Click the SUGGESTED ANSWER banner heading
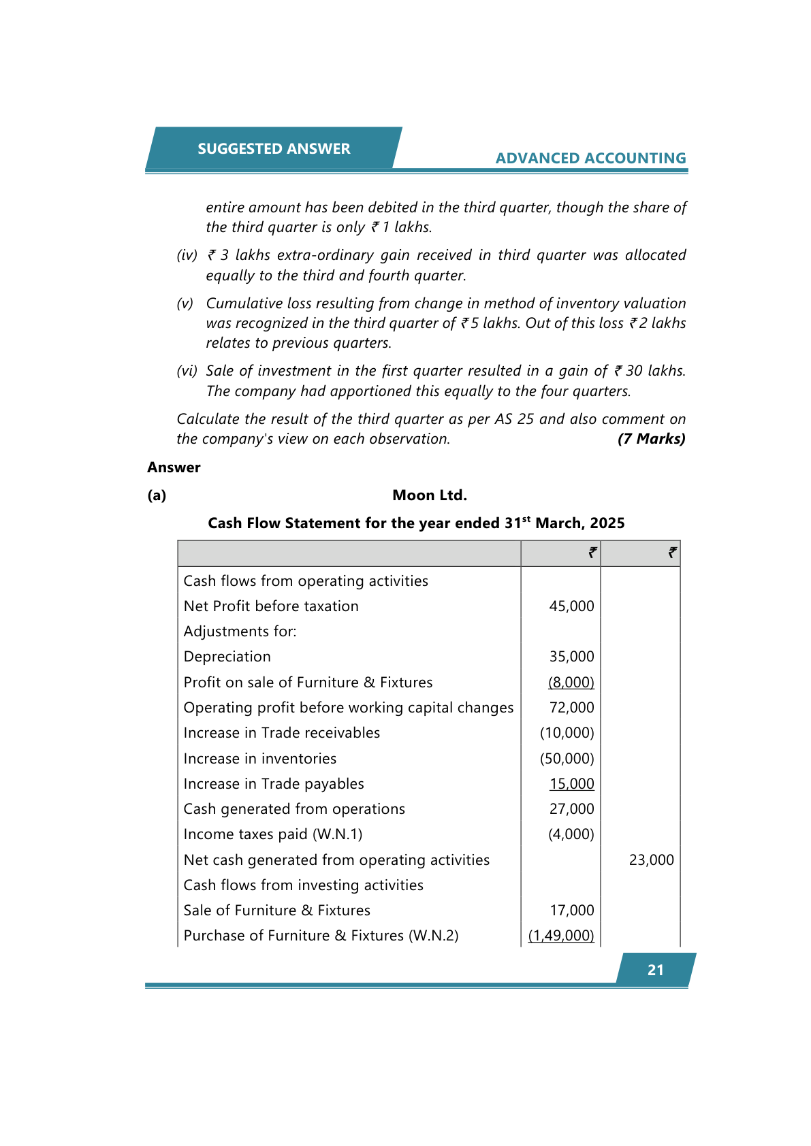274,148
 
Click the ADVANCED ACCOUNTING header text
590,158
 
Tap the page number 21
655,970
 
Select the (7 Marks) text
651,439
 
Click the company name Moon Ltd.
429,495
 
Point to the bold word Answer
174,468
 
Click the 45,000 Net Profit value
571,606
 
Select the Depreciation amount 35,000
571,657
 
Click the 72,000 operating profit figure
571,708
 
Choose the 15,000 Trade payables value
571,784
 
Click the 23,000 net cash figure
651,860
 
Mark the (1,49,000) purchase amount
561,936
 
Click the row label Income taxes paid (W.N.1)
272,834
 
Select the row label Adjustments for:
240,632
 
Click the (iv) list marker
187,255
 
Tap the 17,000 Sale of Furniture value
571,911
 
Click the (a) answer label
157,495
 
